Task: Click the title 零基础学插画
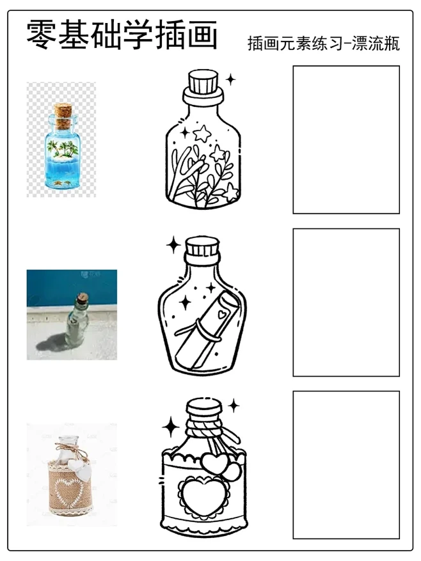tap(122, 35)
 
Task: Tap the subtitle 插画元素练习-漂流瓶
tap(324, 43)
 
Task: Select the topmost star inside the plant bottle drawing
tap(202, 133)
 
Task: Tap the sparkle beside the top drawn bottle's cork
tap(230, 79)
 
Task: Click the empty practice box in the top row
tap(346, 139)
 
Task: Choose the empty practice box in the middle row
tap(346, 303)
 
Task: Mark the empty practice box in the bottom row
tap(346, 465)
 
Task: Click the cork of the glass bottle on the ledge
tap(83, 297)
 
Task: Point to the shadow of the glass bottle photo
tap(54, 342)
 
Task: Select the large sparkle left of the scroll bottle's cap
tap(174, 245)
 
